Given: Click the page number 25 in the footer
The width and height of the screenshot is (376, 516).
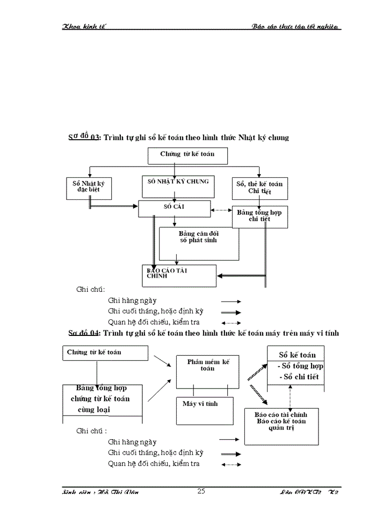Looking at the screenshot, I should [201, 491].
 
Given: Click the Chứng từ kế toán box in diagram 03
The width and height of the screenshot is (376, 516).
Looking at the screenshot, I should [187, 155].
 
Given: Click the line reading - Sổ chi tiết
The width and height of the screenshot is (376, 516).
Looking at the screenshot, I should [300, 377].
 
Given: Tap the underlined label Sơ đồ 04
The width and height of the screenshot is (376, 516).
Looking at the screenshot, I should [84, 333].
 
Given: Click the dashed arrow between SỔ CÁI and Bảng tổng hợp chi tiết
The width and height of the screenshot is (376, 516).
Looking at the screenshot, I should [221, 210].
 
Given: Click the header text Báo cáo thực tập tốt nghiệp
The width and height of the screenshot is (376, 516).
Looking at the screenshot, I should [297, 27].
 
